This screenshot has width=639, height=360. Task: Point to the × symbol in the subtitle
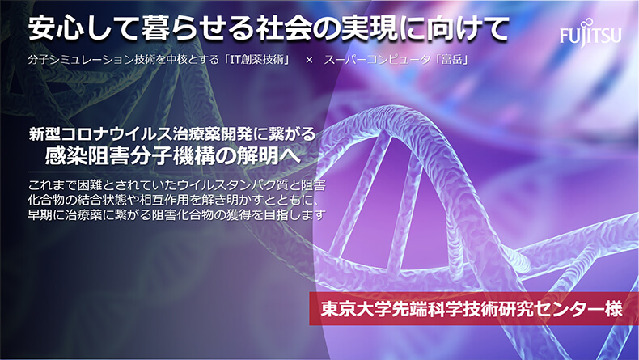(x=309, y=61)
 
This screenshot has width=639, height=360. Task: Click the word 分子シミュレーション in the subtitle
(x=81, y=60)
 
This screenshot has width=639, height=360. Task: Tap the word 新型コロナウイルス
(x=99, y=134)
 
